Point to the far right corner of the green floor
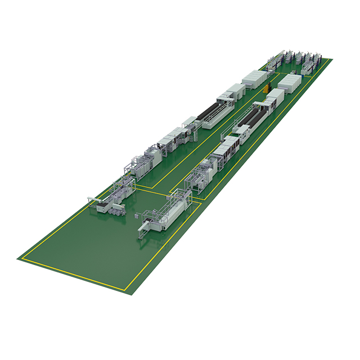332,60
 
